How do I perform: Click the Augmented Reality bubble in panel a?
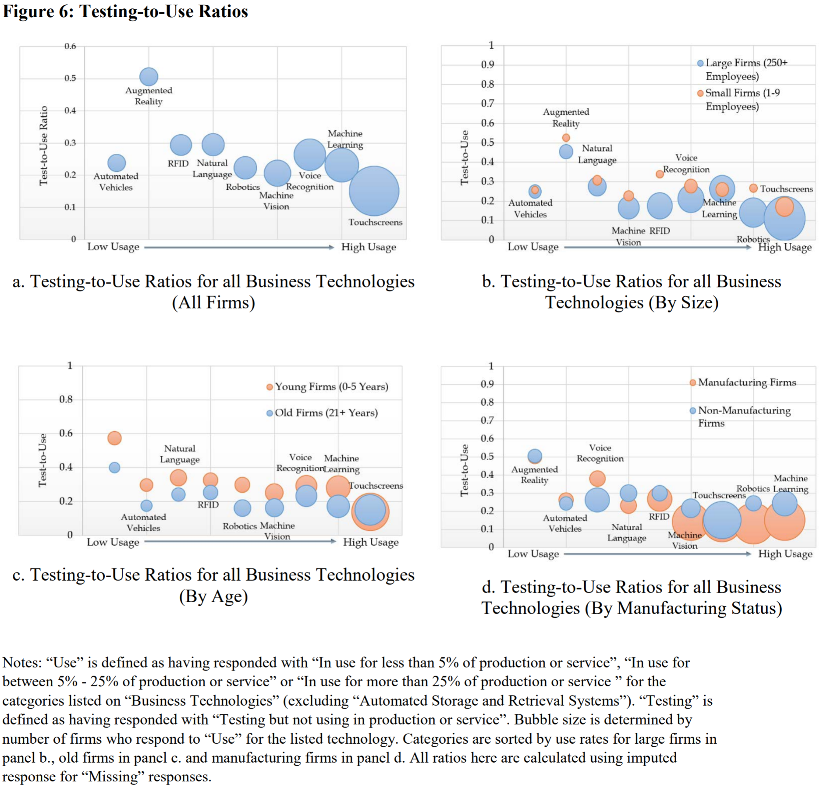click(149, 77)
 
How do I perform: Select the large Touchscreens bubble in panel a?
click(374, 191)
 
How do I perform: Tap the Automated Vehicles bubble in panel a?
click(117, 163)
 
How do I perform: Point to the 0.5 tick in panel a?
click(70, 78)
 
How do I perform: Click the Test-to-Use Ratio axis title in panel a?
click(43, 146)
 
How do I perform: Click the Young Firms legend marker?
click(270, 387)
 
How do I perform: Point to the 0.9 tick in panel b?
click(487, 65)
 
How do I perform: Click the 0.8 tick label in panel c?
click(66, 399)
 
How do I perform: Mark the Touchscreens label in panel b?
click(786, 189)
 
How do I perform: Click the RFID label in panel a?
click(178, 164)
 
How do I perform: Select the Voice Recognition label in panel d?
click(600, 453)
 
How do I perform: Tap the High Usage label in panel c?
click(371, 543)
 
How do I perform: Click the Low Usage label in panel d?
click(533, 554)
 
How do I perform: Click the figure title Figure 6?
click(125, 11)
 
